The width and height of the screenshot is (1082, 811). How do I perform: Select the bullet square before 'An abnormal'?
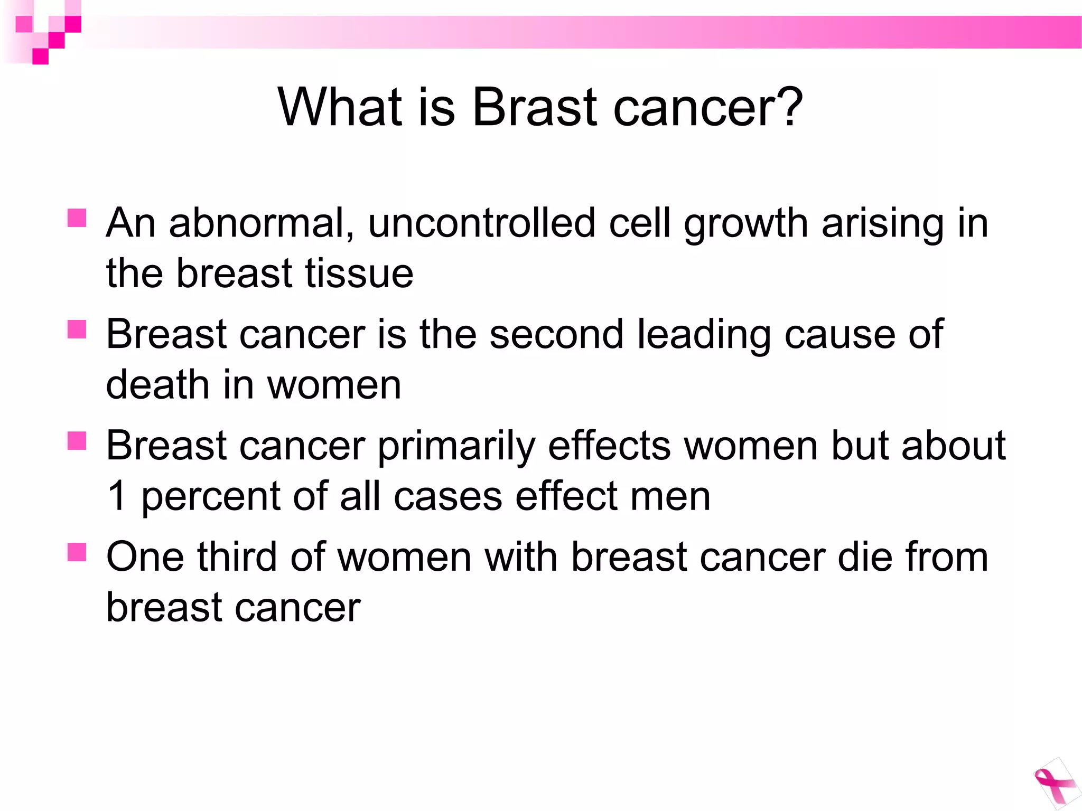click(77, 218)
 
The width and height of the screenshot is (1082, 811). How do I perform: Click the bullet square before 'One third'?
click(77, 552)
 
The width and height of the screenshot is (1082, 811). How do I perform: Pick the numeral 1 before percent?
click(117, 496)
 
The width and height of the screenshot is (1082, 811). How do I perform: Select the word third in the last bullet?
click(237, 557)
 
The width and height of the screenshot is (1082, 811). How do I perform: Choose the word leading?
click(704, 335)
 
